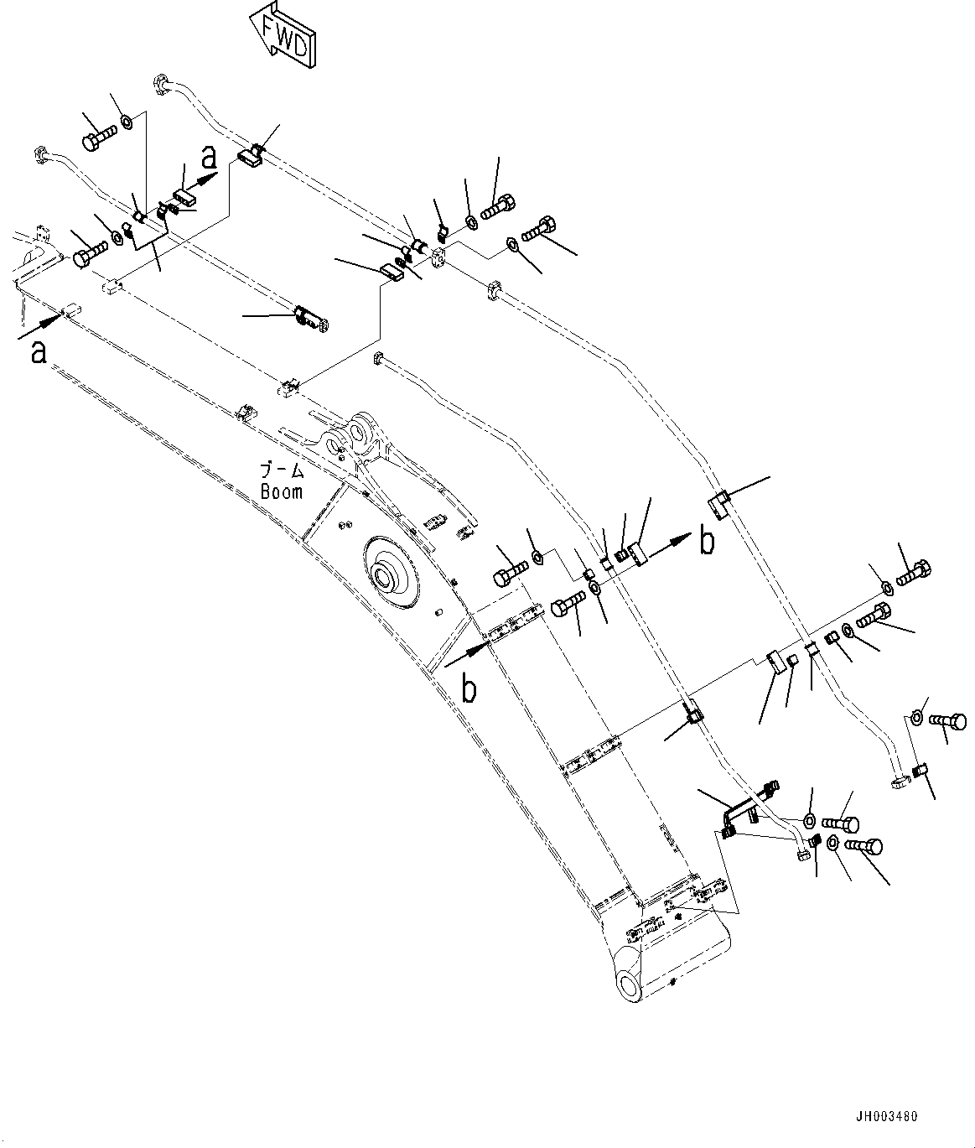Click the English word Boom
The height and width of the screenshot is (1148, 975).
tap(281, 491)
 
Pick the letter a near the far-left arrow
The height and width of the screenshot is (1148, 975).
tap(38, 352)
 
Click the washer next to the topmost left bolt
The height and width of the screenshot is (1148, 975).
tap(126, 123)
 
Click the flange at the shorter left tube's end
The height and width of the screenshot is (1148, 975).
tap(39, 155)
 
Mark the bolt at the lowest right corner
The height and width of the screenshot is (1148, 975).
tap(866, 848)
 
